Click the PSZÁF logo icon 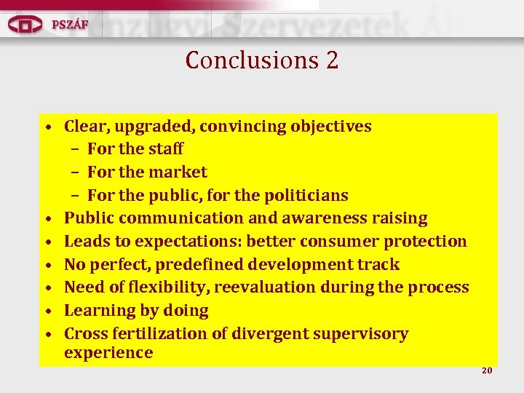tap(25, 25)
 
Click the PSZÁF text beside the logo tap(70, 24)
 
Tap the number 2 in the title tap(332, 60)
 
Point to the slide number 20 tap(487, 370)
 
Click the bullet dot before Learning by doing tap(47, 311)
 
